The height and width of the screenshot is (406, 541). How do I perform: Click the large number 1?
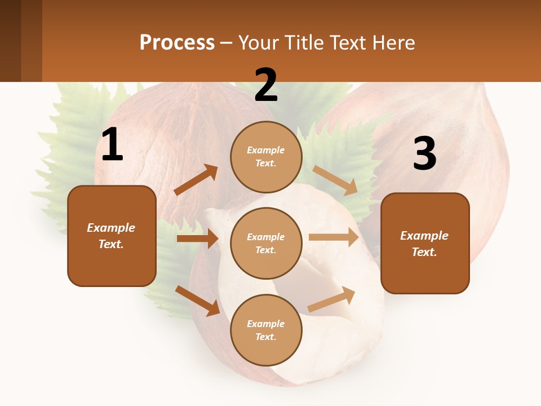(x=112, y=145)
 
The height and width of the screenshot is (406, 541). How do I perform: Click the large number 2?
(x=266, y=85)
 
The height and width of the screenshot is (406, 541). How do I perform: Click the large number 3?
(x=424, y=154)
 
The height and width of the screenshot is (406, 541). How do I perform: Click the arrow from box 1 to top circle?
(x=196, y=180)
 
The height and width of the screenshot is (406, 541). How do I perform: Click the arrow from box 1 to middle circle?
(x=197, y=239)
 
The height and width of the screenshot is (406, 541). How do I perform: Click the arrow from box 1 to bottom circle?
(x=197, y=301)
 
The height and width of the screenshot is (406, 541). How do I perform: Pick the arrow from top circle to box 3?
(x=336, y=180)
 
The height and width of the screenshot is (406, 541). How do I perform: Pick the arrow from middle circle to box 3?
(x=334, y=237)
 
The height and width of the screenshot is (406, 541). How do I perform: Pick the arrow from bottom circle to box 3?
(x=332, y=299)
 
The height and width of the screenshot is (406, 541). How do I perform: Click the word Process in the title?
(x=177, y=42)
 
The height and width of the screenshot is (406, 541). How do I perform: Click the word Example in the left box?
(x=111, y=228)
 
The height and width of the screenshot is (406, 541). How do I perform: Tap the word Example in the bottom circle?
(x=266, y=324)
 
